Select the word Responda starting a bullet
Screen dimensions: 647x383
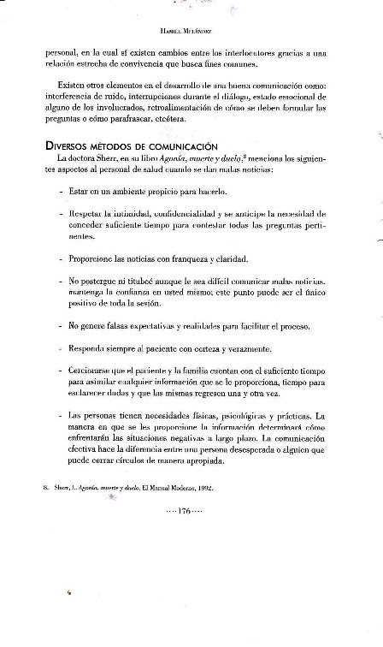point(91,350)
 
